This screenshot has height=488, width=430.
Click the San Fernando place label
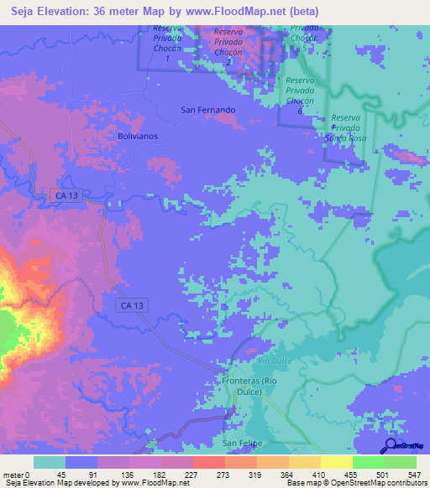click(208, 110)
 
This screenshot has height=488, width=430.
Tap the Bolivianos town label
click(138, 135)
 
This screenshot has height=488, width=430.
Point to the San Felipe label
click(243, 442)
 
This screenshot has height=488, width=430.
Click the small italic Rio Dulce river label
click(274, 361)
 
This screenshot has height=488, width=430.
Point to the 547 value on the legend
click(413, 475)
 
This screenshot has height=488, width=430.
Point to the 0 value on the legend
click(29, 475)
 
